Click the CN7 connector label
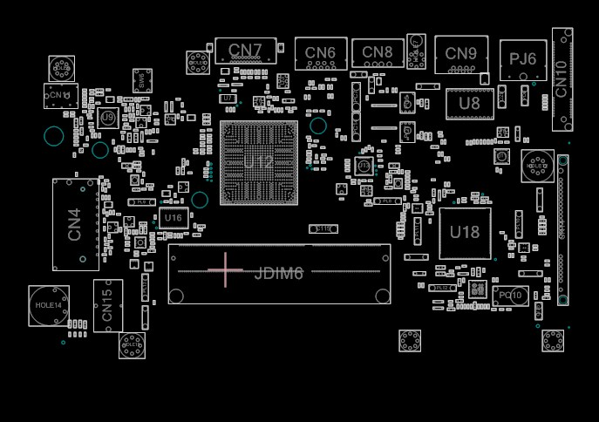tap(246, 50)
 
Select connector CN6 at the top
tap(321, 53)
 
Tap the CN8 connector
tap(378, 53)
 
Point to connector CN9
tap(460, 53)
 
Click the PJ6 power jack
tap(523, 59)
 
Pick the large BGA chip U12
tap(259, 163)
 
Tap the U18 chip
tap(465, 233)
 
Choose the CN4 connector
tap(75, 224)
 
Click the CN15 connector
tap(108, 305)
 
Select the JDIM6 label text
tap(279, 274)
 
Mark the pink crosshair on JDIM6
tap(226, 270)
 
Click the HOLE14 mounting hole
tap(49, 306)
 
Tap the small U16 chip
tap(173, 218)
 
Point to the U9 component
tap(108, 117)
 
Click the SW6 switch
tap(141, 81)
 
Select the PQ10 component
tap(510, 296)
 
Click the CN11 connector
tap(60, 95)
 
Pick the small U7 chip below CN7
tap(228, 99)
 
